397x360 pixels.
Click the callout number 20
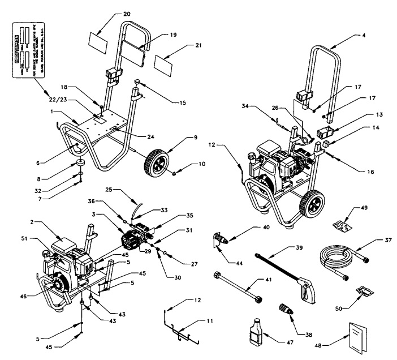(x=126, y=12)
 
